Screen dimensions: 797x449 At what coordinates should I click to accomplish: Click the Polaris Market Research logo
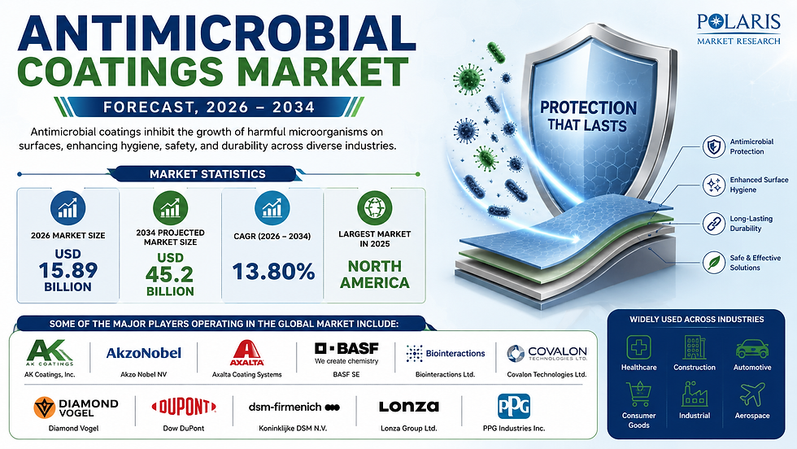click(x=738, y=29)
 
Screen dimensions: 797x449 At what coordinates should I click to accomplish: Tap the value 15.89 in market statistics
click(x=68, y=270)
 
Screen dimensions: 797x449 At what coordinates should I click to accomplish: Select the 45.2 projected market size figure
click(x=169, y=275)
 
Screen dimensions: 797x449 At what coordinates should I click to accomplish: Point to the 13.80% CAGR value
click(x=273, y=271)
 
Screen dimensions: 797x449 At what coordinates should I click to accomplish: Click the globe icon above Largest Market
click(x=375, y=208)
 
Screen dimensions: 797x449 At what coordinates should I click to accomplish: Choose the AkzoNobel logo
click(x=143, y=353)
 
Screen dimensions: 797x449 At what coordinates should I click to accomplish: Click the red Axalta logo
click(x=246, y=353)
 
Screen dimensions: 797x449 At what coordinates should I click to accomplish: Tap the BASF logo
click(x=346, y=353)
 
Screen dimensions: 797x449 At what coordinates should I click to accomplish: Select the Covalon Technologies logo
click(x=547, y=353)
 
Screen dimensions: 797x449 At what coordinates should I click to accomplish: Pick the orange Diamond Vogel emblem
click(x=44, y=408)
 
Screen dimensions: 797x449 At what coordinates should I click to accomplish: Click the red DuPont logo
click(x=184, y=407)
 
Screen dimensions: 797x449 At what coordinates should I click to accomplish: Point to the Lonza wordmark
click(x=408, y=407)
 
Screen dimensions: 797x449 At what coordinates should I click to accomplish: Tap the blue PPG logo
click(x=513, y=406)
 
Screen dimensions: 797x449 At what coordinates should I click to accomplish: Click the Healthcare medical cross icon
click(x=639, y=347)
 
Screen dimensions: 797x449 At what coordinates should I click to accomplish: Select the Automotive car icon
click(x=752, y=348)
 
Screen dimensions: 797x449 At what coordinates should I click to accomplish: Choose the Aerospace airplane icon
click(x=752, y=395)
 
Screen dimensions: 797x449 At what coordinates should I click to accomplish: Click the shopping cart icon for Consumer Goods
click(x=639, y=395)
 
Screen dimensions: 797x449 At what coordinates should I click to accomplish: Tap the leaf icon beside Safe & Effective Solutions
click(x=714, y=263)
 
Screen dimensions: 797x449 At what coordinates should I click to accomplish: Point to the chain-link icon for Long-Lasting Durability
click(x=714, y=224)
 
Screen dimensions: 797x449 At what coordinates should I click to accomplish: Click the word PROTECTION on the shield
click(x=588, y=108)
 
